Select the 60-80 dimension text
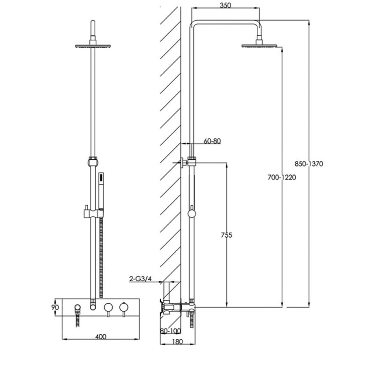tap(212, 141)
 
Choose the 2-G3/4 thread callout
tap(140, 279)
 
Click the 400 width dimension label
tap(100, 336)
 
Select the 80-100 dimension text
tap(170, 331)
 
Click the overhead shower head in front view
tap(94, 46)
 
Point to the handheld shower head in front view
tap(101, 187)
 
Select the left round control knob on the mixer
tap(108, 307)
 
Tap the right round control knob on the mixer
tap(124, 307)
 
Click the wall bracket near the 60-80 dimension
tap(187, 163)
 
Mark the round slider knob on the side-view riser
tap(191, 214)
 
